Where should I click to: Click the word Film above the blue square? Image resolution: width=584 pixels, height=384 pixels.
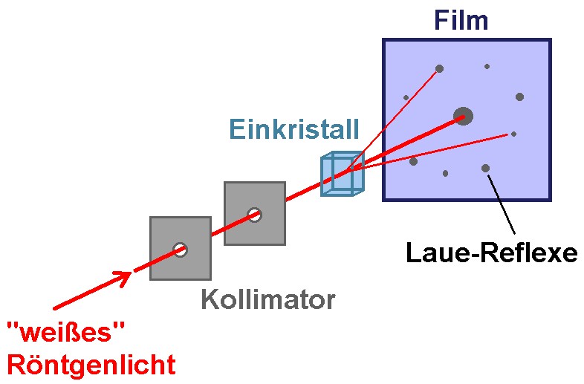pyautogui.click(x=461, y=19)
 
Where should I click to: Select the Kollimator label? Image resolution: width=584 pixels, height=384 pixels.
pyautogui.click(x=267, y=300)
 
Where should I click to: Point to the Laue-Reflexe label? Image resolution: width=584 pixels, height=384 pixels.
pyautogui.click(x=491, y=253)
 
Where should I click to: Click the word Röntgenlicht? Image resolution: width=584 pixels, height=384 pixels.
pyautogui.click(x=91, y=365)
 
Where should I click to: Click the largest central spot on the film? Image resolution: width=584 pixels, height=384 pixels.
pyautogui.click(x=464, y=116)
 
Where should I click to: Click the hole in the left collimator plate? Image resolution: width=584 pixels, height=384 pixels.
pyautogui.click(x=180, y=250)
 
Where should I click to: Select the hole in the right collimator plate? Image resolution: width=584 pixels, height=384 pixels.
pyautogui.click(x=254, y=215)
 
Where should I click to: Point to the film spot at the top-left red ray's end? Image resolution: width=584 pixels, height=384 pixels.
pyautogui.click(x=439, y=69)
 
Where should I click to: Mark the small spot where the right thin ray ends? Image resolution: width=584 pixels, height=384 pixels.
pyautogui.click(x=513, y=134)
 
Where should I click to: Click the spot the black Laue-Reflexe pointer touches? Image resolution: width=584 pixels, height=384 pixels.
pyautogui.click(x=485, y=169)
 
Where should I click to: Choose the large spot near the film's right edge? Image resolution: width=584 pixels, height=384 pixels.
pyautogui.click(x=519, y=97)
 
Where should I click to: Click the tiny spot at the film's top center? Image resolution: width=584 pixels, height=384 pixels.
pyautogui.click(x=487, y=66)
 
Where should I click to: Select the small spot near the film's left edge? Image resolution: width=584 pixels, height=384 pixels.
pyautogui.click(x=406, y=97)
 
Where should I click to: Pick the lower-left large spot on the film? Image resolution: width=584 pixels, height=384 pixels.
pyautogui.click(x=413, y=161)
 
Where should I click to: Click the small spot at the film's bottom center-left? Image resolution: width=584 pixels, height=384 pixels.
pyautogui.click(x=445, y=173)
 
